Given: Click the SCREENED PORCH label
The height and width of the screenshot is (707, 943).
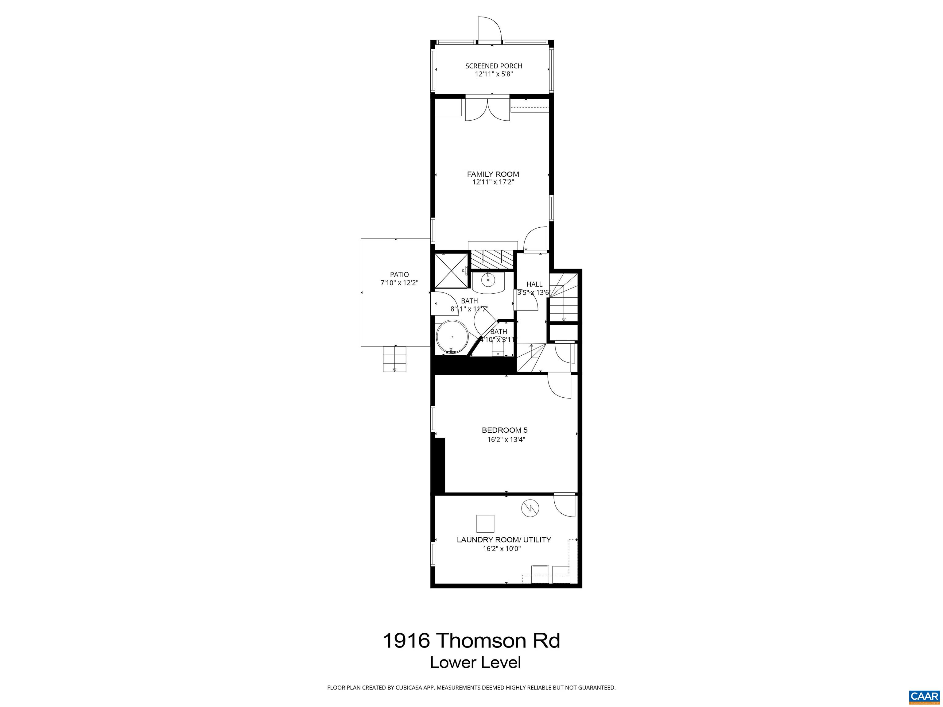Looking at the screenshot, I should click(x=493, y=66).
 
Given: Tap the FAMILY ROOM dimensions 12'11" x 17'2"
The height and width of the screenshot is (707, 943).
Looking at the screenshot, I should click(x=493, y=182).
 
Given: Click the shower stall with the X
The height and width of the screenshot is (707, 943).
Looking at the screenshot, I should click(x=451, y=271).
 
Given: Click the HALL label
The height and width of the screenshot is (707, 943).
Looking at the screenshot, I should click(x=534, y=284).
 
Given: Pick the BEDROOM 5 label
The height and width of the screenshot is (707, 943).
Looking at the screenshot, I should click(x=504, y=431).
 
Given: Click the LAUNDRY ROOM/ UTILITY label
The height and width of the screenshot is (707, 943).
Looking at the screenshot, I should click(x=504, y=540).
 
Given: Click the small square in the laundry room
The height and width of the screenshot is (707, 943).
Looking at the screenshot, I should click(x=485, y=524).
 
